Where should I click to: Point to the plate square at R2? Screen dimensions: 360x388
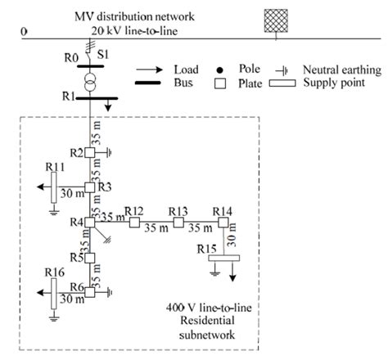89,152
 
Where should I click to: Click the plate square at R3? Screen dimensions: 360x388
89,187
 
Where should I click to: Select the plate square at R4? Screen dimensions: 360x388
89,222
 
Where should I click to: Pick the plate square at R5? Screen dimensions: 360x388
89,258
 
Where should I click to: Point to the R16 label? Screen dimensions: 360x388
55,271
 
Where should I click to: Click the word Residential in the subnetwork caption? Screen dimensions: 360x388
202,324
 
